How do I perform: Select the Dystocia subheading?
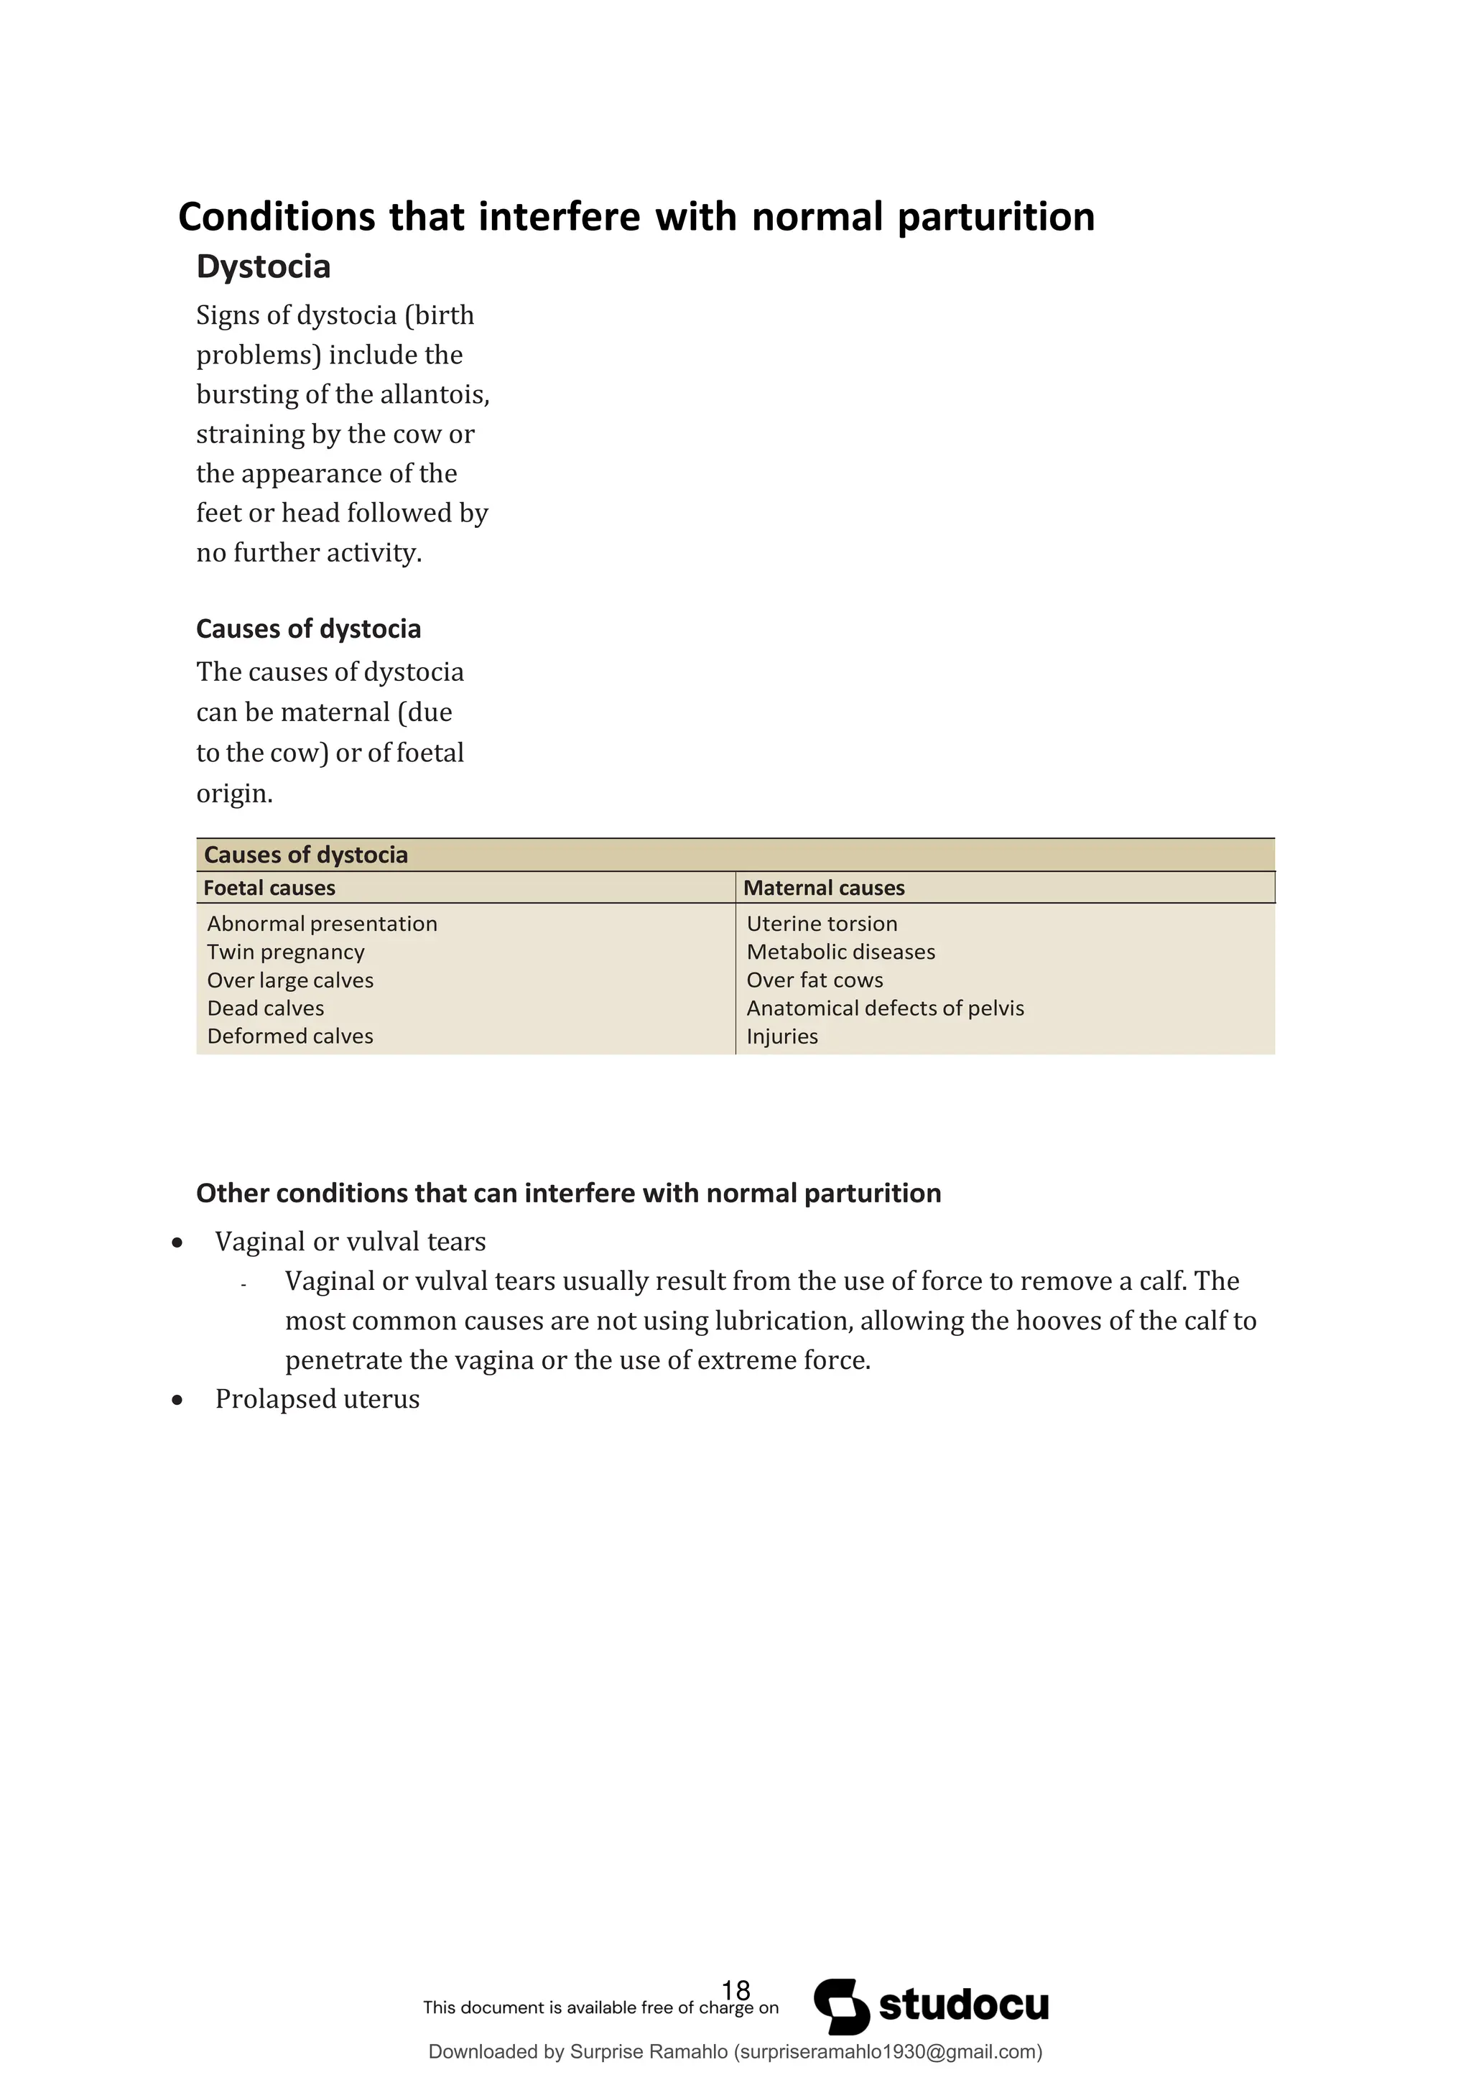pos(263,266)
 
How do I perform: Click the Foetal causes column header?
pos(269,888)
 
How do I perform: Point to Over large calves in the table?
pos(290,980)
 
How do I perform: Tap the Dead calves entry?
pos(265,1008)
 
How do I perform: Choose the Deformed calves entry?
pos(290,1036)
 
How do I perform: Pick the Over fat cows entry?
pos(815,980)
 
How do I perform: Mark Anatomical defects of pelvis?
pos(885,1008)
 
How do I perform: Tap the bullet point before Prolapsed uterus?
pos(177,1401)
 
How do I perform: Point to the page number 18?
pos(735,1990)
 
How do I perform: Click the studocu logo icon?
pos(840,2007)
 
